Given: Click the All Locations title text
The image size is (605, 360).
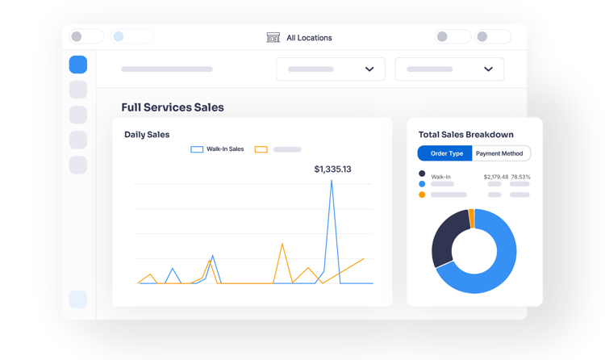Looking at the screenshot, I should click(x=309, y=37).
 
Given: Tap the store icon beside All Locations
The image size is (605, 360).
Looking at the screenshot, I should click(x=273, y=37).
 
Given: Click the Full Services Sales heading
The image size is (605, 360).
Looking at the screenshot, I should click(x=173, y=107).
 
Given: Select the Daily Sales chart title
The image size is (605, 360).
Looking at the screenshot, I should click(x=147, y=135).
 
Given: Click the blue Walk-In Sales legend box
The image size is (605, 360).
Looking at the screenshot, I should click(x=196, y=149).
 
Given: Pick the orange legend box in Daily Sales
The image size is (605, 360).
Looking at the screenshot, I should click(x=261, y=149).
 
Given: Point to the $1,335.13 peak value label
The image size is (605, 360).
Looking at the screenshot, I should click(x=332, y=170).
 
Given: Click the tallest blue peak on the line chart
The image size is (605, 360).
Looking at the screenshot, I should click(x=332, y=181).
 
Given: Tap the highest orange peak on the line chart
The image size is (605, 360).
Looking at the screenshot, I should click(x=282, y=243).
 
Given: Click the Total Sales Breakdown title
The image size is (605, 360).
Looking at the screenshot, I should click(x=465, y=135).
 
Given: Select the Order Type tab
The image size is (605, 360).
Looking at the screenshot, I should click(x=445, y=153).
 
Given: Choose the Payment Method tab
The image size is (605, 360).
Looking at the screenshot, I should click(x=500, y=153).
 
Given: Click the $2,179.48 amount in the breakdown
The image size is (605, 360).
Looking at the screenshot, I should click(x=496, y=176).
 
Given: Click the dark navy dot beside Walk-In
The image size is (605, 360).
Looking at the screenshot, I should click(x=422, y=174).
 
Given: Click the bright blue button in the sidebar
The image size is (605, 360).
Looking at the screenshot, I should click(x=78, y=65).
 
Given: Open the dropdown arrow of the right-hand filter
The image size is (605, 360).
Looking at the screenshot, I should click(x=488, y=69).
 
